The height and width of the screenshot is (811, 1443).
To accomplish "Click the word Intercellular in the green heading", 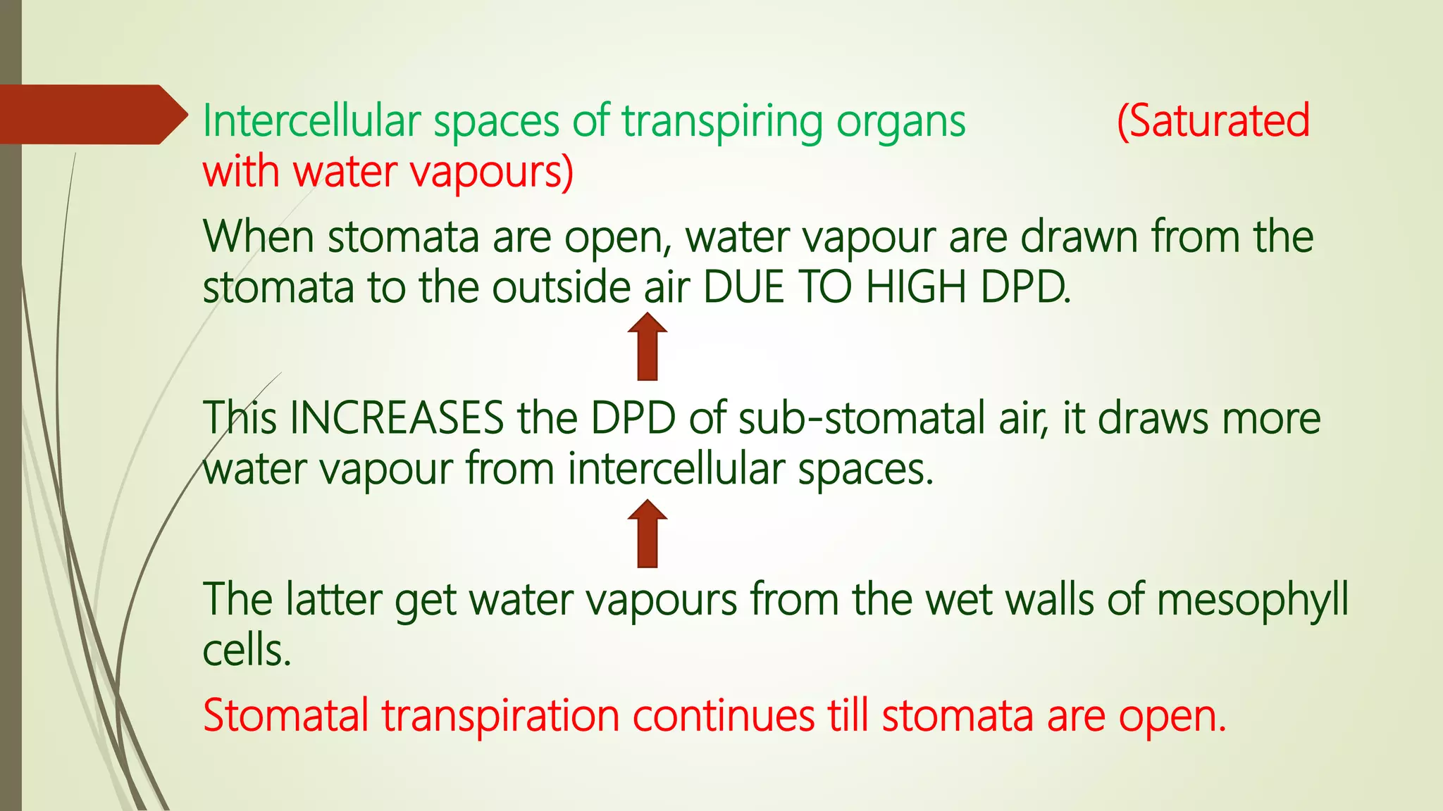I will (311, 121).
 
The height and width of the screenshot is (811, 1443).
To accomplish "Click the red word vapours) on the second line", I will (492, 172).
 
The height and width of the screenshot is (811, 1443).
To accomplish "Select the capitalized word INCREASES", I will (397, 418).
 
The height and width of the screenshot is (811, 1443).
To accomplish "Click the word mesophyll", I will (1252, 601).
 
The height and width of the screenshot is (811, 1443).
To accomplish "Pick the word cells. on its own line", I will (247, 650).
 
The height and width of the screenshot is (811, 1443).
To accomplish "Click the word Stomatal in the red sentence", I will (285, 716).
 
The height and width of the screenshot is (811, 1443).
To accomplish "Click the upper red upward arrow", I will (647, 346).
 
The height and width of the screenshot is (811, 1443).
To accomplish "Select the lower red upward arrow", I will (647, 533).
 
